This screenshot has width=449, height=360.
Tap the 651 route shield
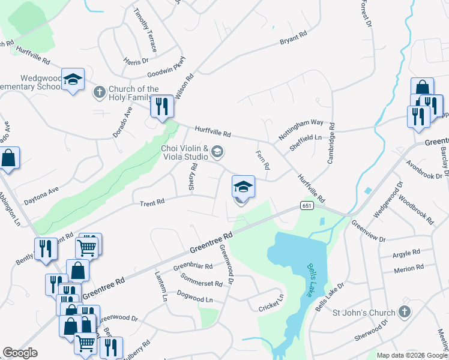[x=307, y=206]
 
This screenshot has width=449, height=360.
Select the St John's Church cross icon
[x=405, y=312]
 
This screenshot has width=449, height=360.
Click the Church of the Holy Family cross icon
[x=99, y=92]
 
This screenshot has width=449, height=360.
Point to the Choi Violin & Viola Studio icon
[x=217, y=152]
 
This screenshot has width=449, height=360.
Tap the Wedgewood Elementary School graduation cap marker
[x=73, y=80]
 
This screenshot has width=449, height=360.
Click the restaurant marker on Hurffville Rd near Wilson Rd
[x=161, y=107]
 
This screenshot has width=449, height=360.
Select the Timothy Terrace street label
[x=145, y=29]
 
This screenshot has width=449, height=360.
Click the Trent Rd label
[x=152, y=203]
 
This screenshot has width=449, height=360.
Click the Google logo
[x=20, y=353]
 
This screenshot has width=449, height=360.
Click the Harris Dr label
[x=136, y=61]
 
